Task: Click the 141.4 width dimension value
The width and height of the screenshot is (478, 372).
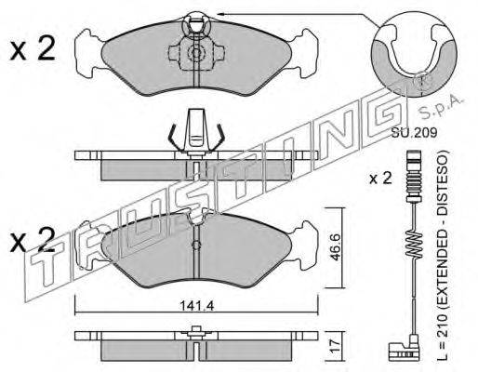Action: pos(197,306)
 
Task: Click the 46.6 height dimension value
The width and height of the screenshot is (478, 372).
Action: pos(335,247)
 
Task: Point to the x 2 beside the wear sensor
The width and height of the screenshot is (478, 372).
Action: pos(380,179)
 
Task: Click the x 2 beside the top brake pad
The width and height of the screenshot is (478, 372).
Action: pos(33,48)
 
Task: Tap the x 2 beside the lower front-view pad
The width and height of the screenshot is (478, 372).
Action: pos(33,239)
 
